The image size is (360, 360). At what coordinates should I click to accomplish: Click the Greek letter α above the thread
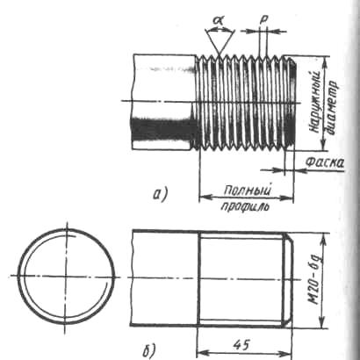tap(218, 20)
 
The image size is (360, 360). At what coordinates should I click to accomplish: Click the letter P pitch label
tap(263, 19)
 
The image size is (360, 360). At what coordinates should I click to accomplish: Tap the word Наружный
tap(314, 102)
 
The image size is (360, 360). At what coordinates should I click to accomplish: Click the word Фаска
tap(324, 162)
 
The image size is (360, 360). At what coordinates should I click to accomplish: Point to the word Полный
tap(247, 191)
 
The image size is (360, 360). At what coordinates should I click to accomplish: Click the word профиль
tap(245, 206)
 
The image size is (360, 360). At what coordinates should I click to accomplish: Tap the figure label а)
tap(160, 194)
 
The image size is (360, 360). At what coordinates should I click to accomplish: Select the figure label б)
tap(149, 349)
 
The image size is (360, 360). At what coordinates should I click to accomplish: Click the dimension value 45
tap(241, 345)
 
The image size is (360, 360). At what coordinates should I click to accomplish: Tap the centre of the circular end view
tap(66, 276)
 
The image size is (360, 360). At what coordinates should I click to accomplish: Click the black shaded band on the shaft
tap(162, 130)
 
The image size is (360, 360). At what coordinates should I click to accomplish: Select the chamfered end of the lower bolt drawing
tap(287, 279)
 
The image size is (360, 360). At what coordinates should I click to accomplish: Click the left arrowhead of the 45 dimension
tap(203, 352)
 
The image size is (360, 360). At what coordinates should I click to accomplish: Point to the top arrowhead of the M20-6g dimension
tap(323, 240)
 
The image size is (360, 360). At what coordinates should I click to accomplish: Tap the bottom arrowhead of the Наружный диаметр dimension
tap(323, 145)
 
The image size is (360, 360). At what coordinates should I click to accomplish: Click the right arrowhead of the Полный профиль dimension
tap(288, 198)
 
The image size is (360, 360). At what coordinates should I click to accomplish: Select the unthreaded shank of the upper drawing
tap(164, 102)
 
